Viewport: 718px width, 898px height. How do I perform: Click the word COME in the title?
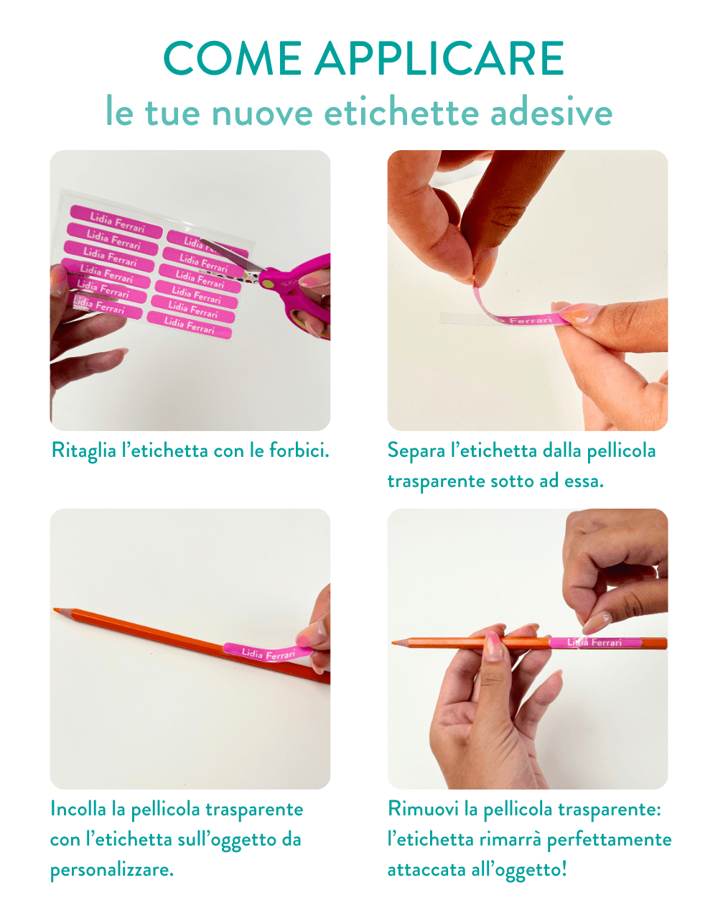point(232,59)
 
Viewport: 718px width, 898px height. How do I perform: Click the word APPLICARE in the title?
point(439,59)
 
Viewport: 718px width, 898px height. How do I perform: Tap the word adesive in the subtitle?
point(551,113)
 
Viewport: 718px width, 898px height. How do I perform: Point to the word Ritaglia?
point(83,451)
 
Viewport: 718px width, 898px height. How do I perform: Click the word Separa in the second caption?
point(416,451)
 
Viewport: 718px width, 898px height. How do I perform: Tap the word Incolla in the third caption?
point(78,809)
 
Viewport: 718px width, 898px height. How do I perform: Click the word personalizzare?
point(111,870)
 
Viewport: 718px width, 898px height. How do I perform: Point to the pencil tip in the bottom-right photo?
point(393,642)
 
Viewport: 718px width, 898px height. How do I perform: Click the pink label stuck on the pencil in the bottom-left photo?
point(264,652)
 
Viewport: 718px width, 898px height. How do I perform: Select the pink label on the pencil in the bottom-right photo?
point(595,642)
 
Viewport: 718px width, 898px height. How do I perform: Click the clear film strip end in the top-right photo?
point(452,318)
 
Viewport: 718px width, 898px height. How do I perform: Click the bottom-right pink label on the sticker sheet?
point(190,325)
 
